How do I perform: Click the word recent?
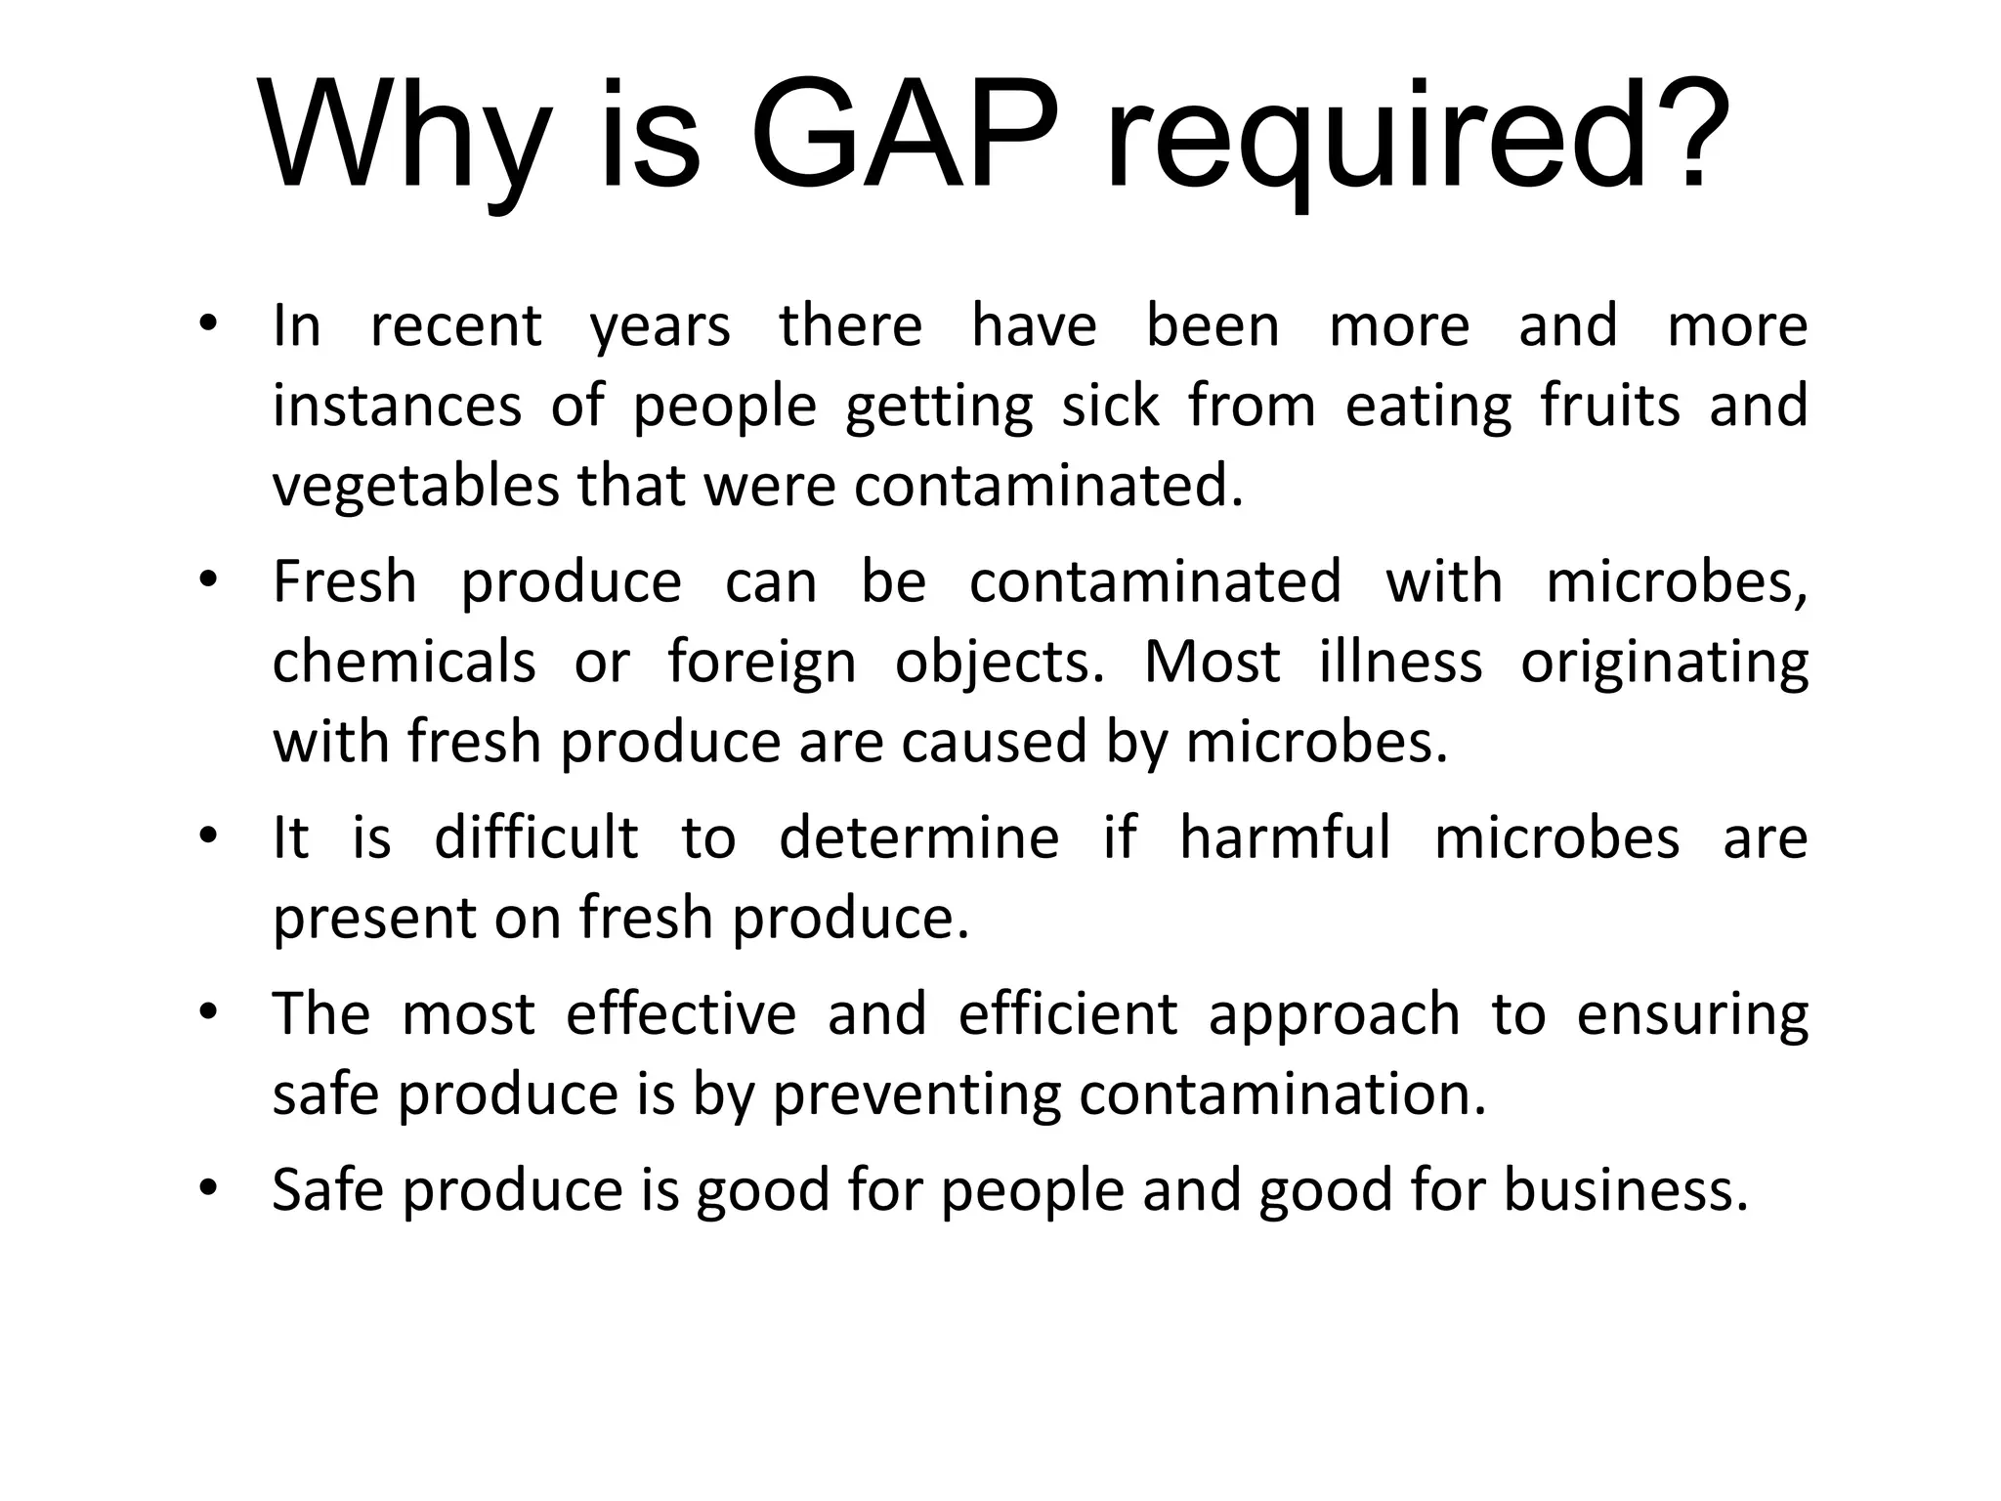(x=455, y=325)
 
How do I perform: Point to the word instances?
(x=397, y=406)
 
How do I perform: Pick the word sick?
(x=1111, y=406)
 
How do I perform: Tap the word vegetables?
(x=416, y=486)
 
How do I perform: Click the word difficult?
(x=535, y=838)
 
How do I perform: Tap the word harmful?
(x=1285, y=838)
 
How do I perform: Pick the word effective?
(x=681, y=1014)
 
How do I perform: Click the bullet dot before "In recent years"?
(x=206, y=325)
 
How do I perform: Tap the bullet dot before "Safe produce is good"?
(x=206, y=1189)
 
